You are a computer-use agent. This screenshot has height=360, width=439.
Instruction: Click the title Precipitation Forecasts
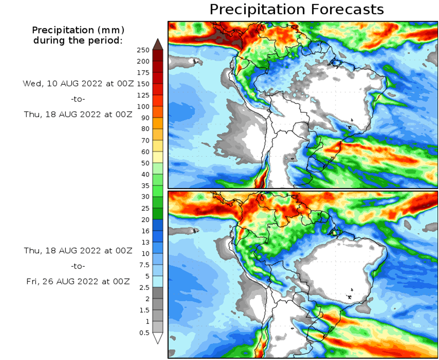point(296,9)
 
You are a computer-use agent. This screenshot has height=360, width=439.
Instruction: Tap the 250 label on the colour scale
point(143,50)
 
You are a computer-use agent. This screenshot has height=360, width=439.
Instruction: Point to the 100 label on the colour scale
point(143,106)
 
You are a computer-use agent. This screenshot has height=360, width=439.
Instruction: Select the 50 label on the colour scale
point(145,163)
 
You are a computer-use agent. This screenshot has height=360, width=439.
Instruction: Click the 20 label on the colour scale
point(145,220)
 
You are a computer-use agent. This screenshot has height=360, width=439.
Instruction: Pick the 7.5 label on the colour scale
point(144,265)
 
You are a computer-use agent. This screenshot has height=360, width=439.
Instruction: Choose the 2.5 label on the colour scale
point(144,288)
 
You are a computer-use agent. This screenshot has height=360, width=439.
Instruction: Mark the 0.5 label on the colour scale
point(144,333)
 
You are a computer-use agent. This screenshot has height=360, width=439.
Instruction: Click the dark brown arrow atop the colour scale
point(158,44)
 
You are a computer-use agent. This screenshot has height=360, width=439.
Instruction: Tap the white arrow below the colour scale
point(158,338)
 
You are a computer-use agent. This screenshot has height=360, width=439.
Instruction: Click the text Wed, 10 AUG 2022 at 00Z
point(78,83)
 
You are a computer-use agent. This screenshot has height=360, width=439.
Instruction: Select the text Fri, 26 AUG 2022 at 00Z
point(78,281)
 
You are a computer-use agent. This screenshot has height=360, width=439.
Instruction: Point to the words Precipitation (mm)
point(78,30)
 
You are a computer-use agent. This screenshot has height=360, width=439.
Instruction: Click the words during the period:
point(78,41)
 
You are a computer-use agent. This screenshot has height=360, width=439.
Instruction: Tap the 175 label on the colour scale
point(143,72)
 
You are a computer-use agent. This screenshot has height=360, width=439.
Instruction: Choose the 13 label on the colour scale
point(145,242)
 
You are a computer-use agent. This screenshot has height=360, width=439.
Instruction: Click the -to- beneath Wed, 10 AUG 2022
point(78,99)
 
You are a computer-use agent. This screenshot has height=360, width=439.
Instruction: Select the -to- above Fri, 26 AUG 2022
point(78,266)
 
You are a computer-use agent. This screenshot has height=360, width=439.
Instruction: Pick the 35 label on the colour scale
point(145,186)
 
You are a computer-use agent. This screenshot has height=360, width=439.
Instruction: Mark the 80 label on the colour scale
point(145,129)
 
